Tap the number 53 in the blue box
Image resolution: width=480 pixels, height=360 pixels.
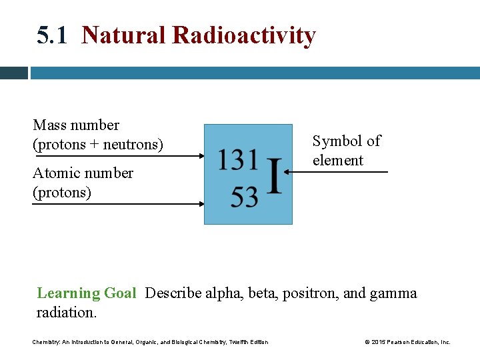pyautogui.click(x=244, y=197)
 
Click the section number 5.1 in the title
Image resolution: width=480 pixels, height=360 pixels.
pyautogui.click(x=52, y=35)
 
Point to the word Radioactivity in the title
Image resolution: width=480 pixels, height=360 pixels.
pyautogui.click(x=244, y=35)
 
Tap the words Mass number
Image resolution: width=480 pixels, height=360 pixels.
pyautogui.click(x=76, y=125)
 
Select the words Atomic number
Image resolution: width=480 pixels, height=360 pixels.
pyautogui.click(x=83, y=173)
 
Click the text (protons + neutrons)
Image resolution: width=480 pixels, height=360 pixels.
pyautogui.click(x=97, y=144)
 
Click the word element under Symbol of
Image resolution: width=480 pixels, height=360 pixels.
pyautogui.click(x=337, y=161)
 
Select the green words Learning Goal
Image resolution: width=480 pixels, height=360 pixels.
pyautogui.click(x=86, y=293)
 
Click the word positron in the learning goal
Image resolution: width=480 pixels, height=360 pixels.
pyautogui.click(x=309, y=293)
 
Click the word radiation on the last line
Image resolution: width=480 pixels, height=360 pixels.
pyautogui.click(x=66, y=313)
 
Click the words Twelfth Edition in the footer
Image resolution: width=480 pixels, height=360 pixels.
pyautogui.click(x=248, y=342)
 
